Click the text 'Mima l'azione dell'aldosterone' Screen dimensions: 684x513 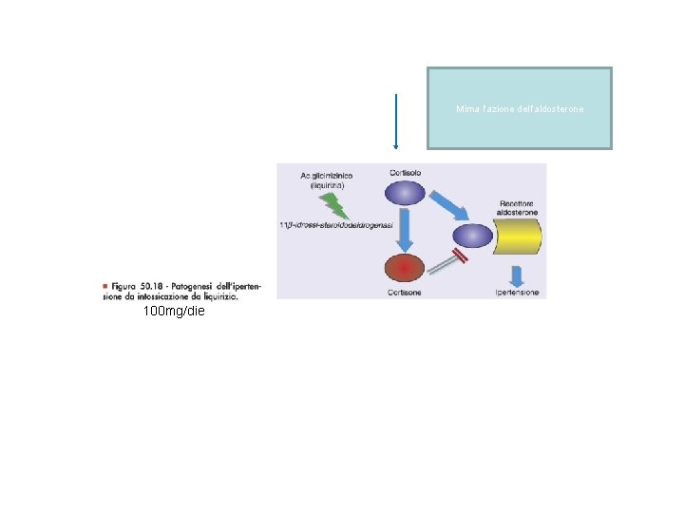(x=520, y=109)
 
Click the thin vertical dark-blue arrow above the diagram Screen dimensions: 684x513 (x=395, y=122)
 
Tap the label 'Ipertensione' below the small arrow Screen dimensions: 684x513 (x=517, y=292)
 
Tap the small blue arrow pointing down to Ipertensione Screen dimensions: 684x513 (x=518, y=275)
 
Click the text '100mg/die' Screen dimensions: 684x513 (x=173, y=311)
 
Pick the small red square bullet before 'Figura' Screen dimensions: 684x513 (x=104, y=285)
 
